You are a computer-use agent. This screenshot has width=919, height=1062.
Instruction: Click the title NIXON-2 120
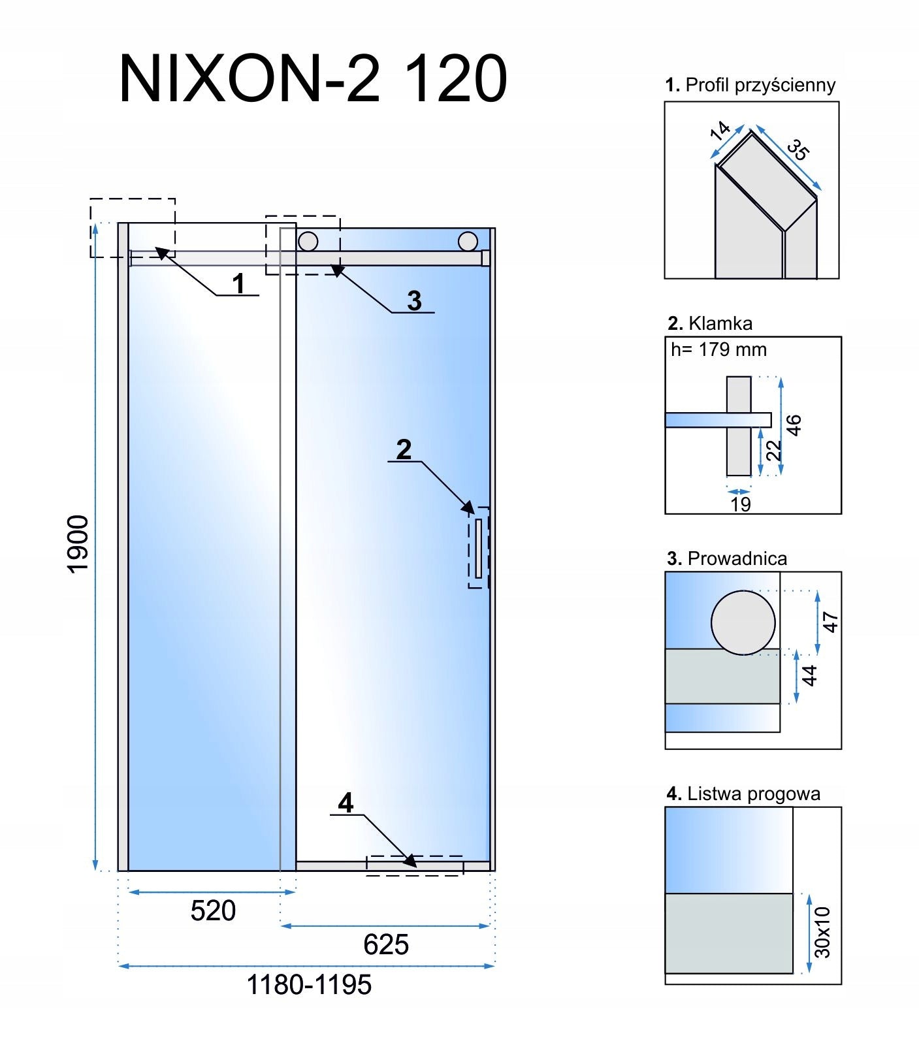[x=314, y=79]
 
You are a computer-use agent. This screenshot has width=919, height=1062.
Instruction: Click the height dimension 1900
[x=78, y=544]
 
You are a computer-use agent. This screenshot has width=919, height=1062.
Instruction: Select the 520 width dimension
[x=213, y=910]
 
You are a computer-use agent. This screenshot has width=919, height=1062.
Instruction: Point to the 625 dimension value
[x=386, y=944]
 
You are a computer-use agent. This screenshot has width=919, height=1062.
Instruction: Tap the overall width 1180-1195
[x=309, y=984]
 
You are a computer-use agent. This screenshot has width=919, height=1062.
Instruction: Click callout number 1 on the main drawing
[x=239, y=284]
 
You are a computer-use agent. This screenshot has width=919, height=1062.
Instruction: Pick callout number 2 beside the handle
[x=404, y=449]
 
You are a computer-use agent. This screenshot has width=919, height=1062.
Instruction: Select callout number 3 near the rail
[x=414, y=300]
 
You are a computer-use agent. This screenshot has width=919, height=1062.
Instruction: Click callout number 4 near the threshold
[x=346, y=803]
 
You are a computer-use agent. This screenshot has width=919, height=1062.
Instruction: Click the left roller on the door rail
[x=308, y=241]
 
